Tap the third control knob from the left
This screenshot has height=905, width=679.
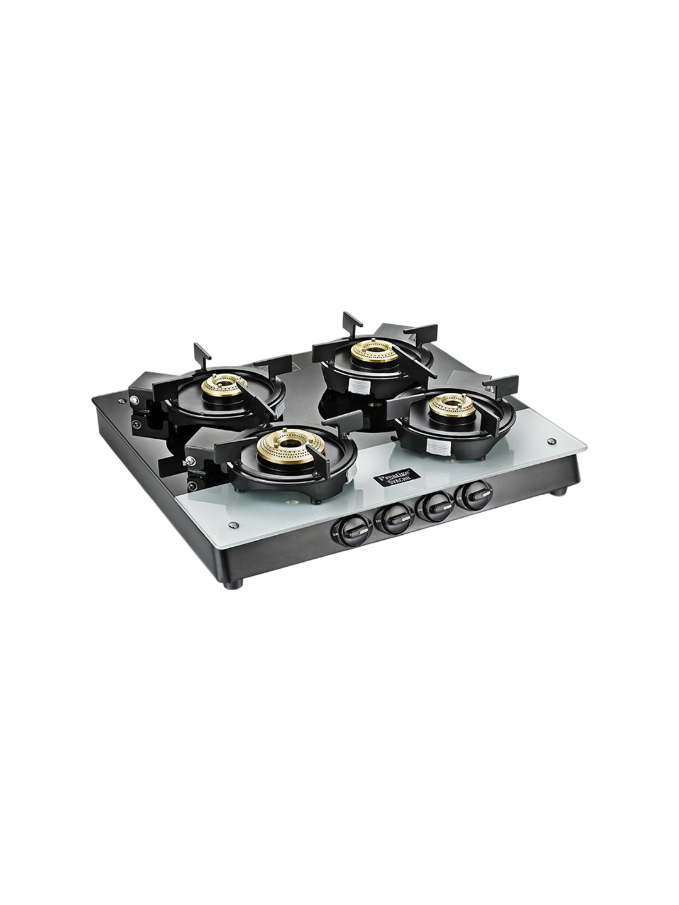tap(433, 506)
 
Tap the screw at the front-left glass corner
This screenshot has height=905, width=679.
tap(233, 525)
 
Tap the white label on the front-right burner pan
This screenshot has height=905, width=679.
tap(437, 446)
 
